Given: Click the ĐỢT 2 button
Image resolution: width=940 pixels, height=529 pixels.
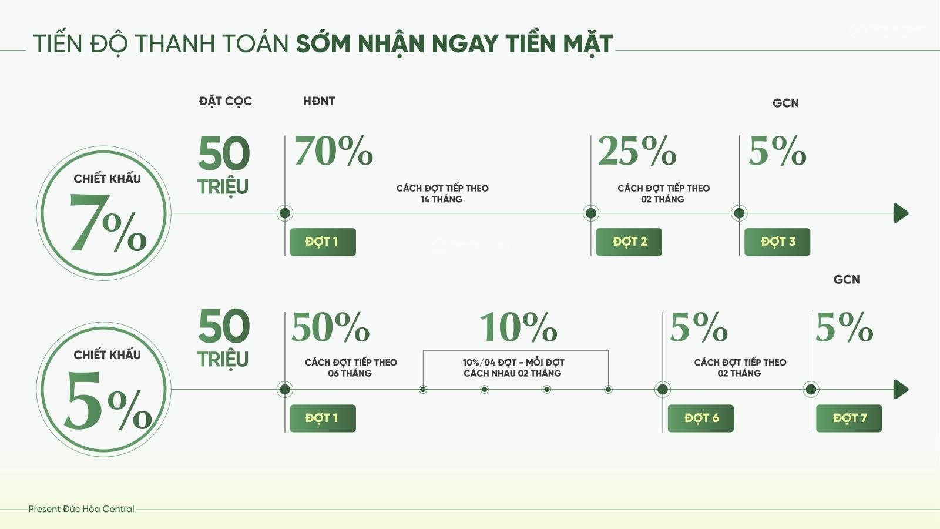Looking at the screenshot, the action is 629,242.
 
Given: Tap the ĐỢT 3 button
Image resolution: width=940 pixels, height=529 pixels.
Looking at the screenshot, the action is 777,242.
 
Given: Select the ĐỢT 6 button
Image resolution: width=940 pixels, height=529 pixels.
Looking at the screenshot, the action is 701,418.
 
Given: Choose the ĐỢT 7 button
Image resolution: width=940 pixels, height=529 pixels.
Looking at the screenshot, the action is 849,418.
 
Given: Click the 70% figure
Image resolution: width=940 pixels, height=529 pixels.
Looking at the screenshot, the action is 334,150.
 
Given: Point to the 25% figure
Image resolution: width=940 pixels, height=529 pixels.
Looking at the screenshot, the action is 637,150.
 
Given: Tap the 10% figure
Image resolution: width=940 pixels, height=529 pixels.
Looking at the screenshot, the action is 518,327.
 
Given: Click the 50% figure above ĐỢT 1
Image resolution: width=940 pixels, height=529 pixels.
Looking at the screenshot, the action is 330,327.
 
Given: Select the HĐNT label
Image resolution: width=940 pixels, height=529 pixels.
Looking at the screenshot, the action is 319,101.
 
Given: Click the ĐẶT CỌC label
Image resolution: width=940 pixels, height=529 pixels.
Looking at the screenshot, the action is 226,102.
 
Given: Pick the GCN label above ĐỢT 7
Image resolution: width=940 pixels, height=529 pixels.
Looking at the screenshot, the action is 847,280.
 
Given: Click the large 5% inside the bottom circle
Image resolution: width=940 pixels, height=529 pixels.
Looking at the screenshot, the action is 108,401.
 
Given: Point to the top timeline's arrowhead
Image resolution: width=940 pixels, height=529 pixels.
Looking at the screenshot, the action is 901,213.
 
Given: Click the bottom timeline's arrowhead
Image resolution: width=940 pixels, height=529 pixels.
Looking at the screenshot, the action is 901,390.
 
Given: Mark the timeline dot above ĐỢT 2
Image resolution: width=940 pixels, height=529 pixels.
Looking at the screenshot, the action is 591,213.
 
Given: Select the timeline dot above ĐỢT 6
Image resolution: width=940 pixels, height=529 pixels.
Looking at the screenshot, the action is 663,390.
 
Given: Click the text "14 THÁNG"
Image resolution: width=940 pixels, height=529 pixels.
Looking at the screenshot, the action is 441,199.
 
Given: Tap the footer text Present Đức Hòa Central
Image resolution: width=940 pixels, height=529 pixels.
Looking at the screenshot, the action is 82,509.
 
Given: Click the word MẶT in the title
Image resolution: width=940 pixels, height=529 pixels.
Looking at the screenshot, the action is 588,44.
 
